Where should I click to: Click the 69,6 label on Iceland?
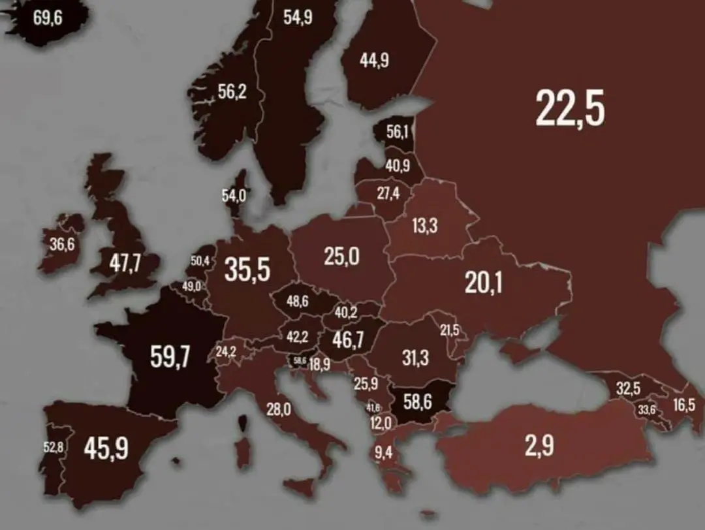48,18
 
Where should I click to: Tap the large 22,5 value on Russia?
570,108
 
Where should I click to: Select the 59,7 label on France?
170,357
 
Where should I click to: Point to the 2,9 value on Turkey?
539,445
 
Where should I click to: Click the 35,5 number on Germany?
247,270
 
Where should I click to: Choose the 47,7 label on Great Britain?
124,265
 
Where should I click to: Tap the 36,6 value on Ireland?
61,244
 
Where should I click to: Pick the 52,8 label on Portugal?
53,448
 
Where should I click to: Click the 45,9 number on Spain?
106,448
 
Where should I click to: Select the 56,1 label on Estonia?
397,132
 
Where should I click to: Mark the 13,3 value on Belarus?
425,226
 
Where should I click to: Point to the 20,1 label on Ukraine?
484,282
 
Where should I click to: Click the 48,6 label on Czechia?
298,301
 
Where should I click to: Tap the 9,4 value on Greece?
383,451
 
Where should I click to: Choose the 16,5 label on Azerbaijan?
684,405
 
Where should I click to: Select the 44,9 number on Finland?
374,60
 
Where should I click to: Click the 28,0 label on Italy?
279,409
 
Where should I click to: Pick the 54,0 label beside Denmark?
233,195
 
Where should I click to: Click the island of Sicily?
302,487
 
